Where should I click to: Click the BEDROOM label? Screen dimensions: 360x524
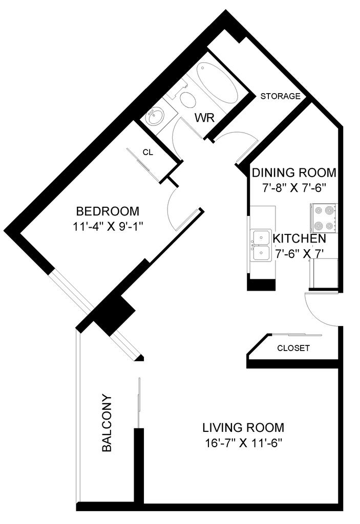pyautogui.click(x=108, y=211)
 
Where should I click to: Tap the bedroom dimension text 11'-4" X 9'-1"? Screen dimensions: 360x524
pyautogui.click(x=108, y=227)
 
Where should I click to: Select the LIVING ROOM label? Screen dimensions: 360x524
pyautogui.click(x=243, y=427)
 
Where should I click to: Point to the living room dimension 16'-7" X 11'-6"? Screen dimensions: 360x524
pyautogui.click(x=244, y=443)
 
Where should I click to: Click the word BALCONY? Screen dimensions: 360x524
pyautogui.click(x=107, y=423)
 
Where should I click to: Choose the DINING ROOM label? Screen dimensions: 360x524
pyautogui.click(x=294, y=173)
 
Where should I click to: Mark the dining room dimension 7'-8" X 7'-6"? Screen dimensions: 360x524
pyautogui.click(x=294, y=188)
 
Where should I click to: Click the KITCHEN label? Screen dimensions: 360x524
pyautogui.click(x=300, y=238)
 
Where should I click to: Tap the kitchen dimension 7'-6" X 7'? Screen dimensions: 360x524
pyautogui.click(x=300, y=254)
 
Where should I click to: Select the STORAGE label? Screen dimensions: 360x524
pyautogui.click(x=281, y=96)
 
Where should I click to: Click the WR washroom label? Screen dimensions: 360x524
pyautogui.click(x=204, y=118)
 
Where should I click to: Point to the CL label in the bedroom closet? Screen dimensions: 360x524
pyautogui.click(x=148, y=152)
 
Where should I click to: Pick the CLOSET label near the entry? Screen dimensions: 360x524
pyautogui.click(x=293, y=348)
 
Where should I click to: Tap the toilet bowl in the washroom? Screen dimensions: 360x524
pyautogui.click(x=188, y=99)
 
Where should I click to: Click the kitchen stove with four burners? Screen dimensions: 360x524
pyautogui.click(x=324, y=218)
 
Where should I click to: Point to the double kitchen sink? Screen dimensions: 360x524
pyautogui.click(x=262, y=246)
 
